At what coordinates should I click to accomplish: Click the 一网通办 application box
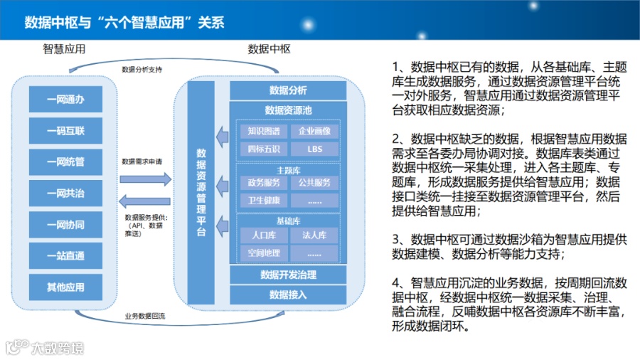coord(65,100)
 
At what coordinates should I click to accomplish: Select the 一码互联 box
coord(65,131)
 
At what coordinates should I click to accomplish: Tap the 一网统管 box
coord(65,162)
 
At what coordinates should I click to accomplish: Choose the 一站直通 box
coord(65,256)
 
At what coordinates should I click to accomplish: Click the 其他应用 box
coord(65,287)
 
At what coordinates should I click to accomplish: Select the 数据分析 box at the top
coord(288,90)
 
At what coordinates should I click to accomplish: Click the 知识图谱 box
coord(263,132)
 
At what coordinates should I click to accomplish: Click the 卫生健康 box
coord(263,200)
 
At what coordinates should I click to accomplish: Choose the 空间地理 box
coord(263,253)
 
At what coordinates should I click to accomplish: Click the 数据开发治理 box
coord(288,275)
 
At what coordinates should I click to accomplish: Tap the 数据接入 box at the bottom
coord(288,295)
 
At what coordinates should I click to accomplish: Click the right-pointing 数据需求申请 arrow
coord(145,179)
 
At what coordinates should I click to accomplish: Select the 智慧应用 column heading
coord(64,49)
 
